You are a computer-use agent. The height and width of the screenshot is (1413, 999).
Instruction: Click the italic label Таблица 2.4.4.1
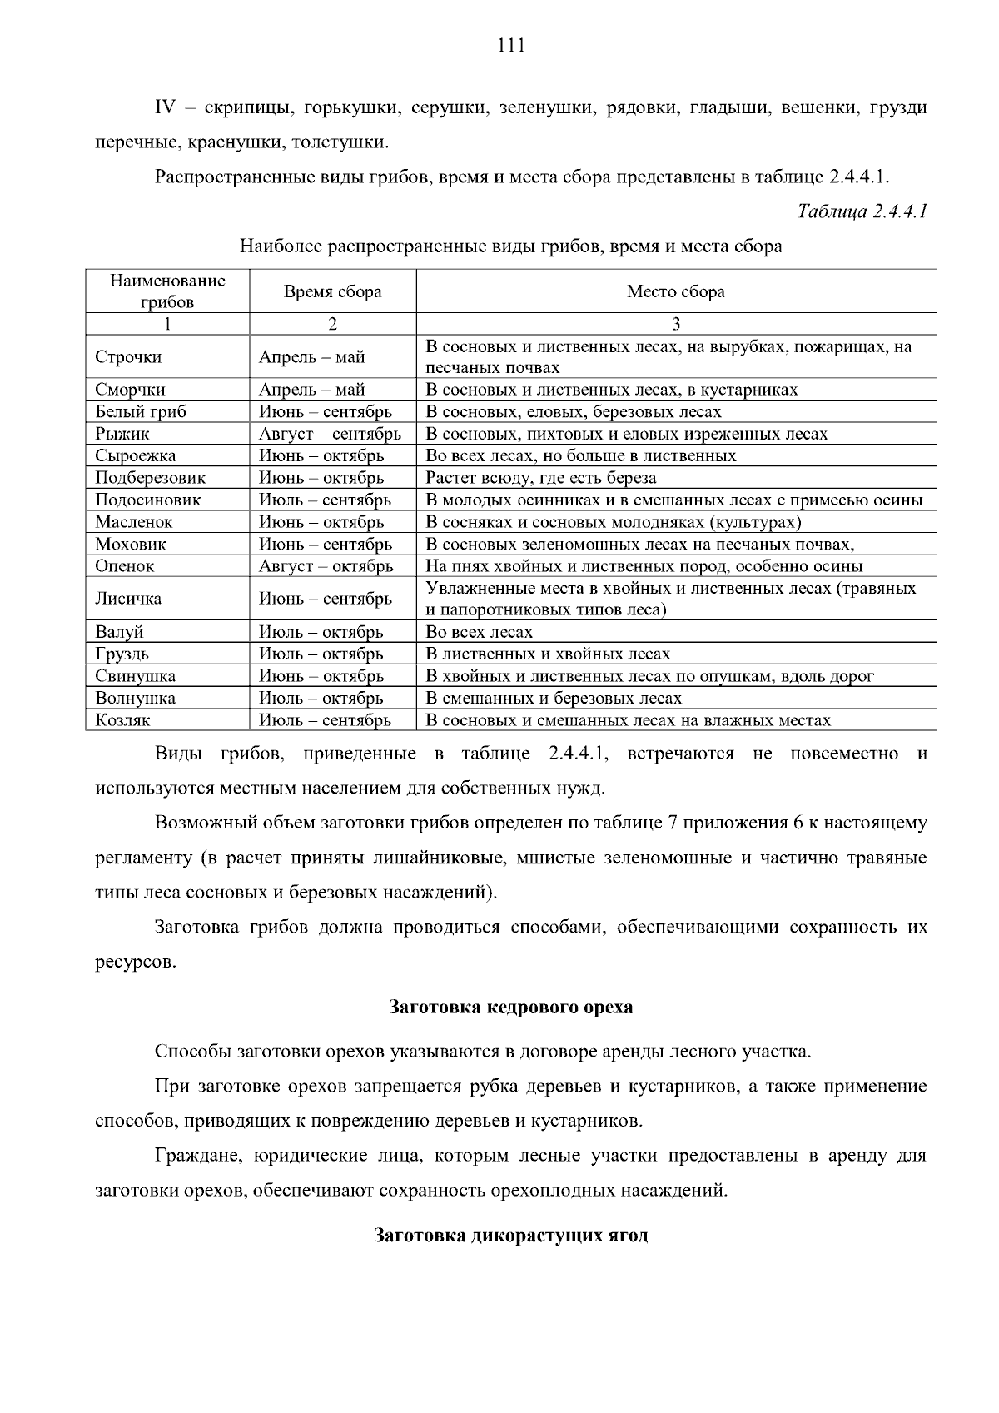862,211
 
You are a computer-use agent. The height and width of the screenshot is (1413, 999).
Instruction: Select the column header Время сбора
332,291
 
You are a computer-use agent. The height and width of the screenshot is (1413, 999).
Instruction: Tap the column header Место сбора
675,291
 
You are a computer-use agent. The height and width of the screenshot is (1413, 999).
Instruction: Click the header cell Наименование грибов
167,291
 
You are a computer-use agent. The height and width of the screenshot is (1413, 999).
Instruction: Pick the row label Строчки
128,357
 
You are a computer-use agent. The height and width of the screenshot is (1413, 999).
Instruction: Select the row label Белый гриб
141,411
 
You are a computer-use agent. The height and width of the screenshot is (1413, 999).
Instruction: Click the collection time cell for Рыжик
330,434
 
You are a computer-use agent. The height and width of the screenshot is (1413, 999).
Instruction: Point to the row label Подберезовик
150,478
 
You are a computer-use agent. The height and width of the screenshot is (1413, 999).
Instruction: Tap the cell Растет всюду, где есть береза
541,478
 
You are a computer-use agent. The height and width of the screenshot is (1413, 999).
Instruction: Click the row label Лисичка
128,599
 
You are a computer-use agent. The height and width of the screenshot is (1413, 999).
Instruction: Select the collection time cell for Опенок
326,566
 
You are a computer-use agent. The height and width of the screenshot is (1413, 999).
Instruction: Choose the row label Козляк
122,720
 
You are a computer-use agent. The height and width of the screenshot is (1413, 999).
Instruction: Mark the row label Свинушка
135,676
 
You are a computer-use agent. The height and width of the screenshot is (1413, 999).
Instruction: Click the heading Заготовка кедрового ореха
510,1007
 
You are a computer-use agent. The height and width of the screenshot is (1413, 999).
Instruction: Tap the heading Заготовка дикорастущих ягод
510,1235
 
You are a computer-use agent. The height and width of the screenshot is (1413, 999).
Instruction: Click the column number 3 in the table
676,324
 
